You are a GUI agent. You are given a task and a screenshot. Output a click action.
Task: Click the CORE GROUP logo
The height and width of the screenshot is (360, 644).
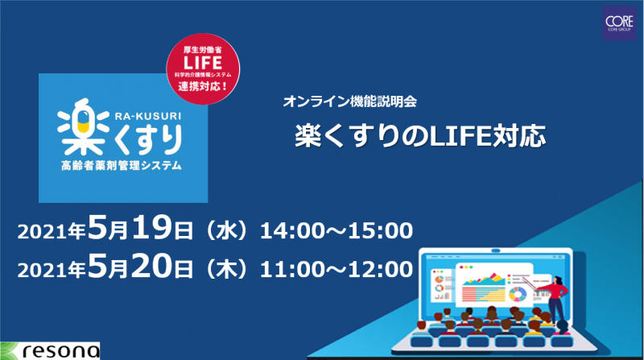click(619, 23)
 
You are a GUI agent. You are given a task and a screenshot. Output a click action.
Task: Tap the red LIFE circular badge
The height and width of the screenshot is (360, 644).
click(203, 68)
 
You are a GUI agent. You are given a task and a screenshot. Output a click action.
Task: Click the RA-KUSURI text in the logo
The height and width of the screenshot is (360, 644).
click(148, 116)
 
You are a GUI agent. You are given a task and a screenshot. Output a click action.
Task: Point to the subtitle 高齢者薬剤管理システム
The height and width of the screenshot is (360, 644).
click(122, 166)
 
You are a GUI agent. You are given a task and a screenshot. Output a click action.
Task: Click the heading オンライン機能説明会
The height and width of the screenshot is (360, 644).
click(350, 101)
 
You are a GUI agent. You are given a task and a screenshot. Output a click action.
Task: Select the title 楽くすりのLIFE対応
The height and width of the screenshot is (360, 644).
click(420, 135)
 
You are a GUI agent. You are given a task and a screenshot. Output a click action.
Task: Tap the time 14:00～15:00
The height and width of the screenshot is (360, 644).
click(336, 230)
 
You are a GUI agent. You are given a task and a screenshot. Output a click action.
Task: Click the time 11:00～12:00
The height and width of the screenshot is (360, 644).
click(336, 270)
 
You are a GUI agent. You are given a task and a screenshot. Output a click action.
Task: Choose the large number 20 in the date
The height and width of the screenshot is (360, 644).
click(151, 267)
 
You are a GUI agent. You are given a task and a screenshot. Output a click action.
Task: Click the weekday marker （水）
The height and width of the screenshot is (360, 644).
click(227, 231)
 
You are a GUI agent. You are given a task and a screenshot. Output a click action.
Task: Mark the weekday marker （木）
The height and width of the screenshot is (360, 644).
click(227, 270)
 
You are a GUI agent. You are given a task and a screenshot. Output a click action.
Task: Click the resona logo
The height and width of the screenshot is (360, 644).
click(50, 351)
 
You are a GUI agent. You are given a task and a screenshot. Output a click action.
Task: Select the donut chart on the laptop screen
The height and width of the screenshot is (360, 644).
click(518, 294)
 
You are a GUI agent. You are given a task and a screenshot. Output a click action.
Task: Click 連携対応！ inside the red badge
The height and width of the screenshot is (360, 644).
click(203, 87)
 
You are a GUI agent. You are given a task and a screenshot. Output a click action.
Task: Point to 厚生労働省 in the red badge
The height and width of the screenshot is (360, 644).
click(203, 50)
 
